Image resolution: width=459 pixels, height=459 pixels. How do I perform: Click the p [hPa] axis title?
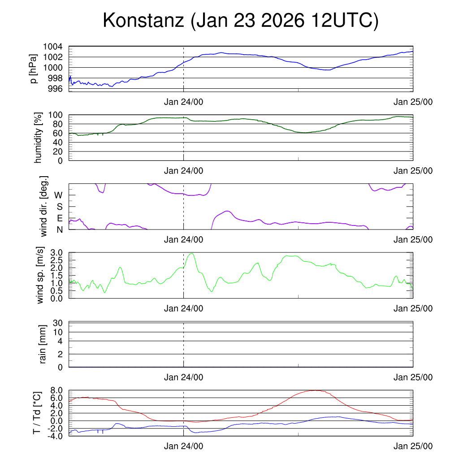click(x=34, y=69)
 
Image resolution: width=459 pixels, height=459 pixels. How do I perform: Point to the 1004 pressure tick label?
click(x=52, y=47)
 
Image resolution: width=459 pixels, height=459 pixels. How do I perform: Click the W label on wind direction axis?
click(x=58, y=195)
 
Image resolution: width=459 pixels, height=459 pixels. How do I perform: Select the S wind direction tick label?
click(x=59, y=207)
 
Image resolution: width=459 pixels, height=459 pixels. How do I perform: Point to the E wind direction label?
click(x=59, y=218)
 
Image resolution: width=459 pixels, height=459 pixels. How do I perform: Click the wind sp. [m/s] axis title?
click(x=40, y=275)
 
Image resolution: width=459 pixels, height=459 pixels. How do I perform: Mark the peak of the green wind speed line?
click(x=192, y=254)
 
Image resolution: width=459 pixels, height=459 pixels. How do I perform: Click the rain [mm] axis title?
click(x=43, y=344)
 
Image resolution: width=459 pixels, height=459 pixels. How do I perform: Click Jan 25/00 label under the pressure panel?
click(x=413, y=102)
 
